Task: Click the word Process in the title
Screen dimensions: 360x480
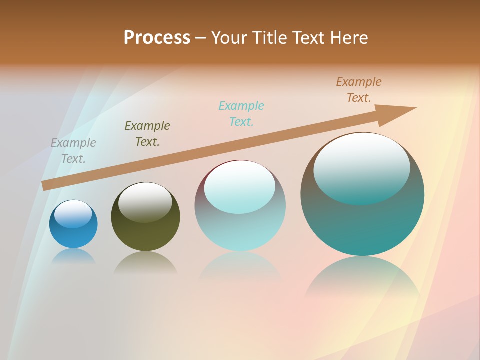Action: [157, 38]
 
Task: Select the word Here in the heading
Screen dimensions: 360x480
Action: [349, 38]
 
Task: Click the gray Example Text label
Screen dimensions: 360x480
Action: [73, 150]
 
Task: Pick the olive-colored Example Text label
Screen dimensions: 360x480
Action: [147, 133]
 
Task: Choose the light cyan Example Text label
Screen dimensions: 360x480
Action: [241, 113]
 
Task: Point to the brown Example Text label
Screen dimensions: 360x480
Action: [359, 89]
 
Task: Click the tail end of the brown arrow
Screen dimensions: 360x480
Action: [45, 185]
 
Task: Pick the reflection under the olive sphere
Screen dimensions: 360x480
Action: [145, 262]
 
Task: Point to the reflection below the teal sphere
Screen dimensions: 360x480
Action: [362, 277]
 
